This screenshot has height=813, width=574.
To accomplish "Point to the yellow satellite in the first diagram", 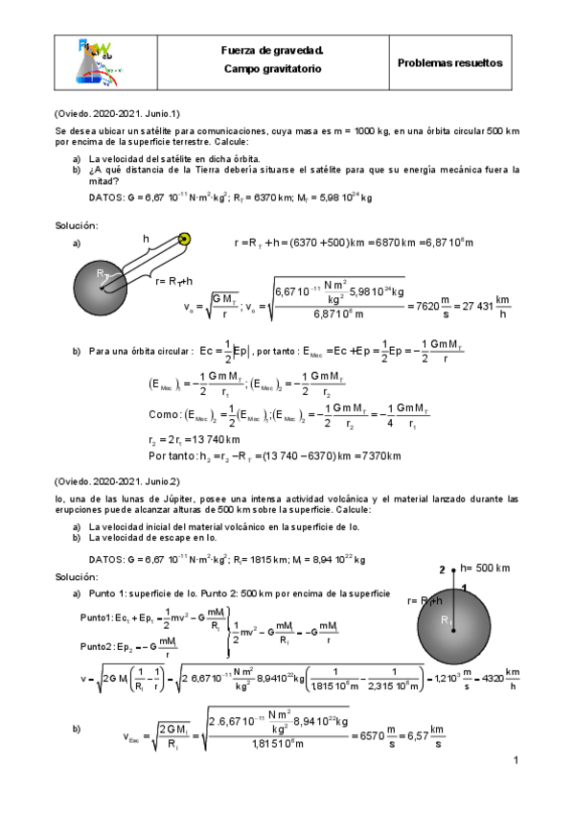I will click(185, 240).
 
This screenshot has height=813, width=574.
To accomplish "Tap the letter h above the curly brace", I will click(146, 238).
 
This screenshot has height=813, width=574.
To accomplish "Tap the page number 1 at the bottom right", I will click(515, 761).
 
